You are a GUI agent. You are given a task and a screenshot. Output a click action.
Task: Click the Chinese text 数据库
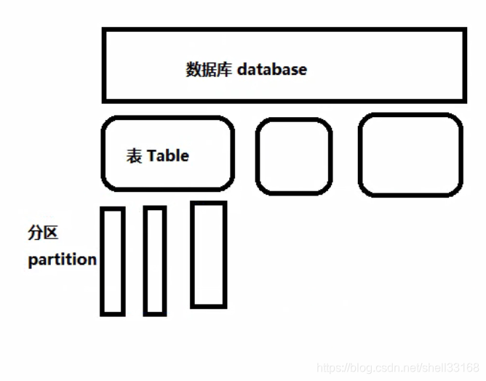[209, 70]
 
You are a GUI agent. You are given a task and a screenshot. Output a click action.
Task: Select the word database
[271, 70]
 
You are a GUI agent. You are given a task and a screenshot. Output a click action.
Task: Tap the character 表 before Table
[135, 156]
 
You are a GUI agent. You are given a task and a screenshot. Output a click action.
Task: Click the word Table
[167, 156]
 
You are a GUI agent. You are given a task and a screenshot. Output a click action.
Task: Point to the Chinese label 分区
[43, 233]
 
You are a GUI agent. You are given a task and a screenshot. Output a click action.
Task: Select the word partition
[62, 260]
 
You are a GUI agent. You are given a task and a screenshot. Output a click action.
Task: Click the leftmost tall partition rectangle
[112, 262]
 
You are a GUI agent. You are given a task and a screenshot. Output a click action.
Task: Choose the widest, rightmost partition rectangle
[208, 254]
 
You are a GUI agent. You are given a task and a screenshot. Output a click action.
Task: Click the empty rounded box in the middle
[294, 156]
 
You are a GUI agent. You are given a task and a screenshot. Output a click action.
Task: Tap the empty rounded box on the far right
[410, 155]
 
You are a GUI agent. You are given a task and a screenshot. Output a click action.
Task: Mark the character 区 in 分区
[50, 233]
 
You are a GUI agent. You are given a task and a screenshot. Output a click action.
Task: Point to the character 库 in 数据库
[224, 70]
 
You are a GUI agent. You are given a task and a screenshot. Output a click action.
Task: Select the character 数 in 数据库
[194, 70]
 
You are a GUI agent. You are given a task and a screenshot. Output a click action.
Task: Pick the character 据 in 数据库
[209, 70]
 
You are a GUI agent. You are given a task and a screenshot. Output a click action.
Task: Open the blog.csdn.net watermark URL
[399, 368]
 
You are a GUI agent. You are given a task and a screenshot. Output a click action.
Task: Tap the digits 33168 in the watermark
[465, 368]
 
